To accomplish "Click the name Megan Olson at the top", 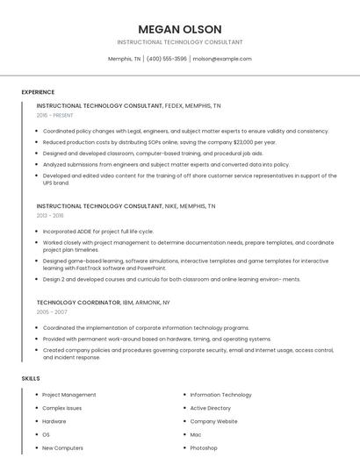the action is tap(180, 29).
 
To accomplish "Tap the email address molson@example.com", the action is tap(221, 59).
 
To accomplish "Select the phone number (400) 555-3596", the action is tap(167, 59).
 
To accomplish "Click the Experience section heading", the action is tap(38, 92).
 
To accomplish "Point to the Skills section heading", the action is tap(31, 378).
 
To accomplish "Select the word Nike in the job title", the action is tap(174, 205).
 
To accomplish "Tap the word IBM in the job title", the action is tap(129, 302).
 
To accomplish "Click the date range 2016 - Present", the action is tap(54, 115).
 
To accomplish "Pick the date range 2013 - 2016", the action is tap(50, 215).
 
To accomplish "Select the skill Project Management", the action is tap(69, 395).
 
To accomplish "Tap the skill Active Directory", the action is tap(211, 408).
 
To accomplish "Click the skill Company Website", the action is tap(213, 421).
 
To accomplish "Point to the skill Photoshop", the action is tap(204, 447).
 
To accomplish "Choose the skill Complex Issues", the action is tap(62, 408).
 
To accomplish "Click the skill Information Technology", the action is tap(220, 395).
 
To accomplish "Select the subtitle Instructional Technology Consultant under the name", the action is tap(180, 42).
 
